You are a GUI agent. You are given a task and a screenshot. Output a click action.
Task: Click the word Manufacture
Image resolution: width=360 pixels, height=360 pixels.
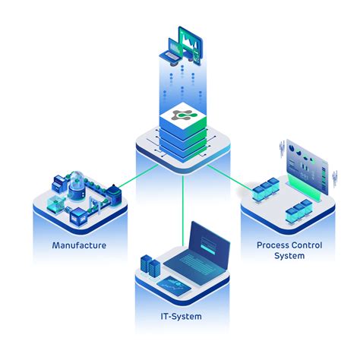click(x=79, y=245)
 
